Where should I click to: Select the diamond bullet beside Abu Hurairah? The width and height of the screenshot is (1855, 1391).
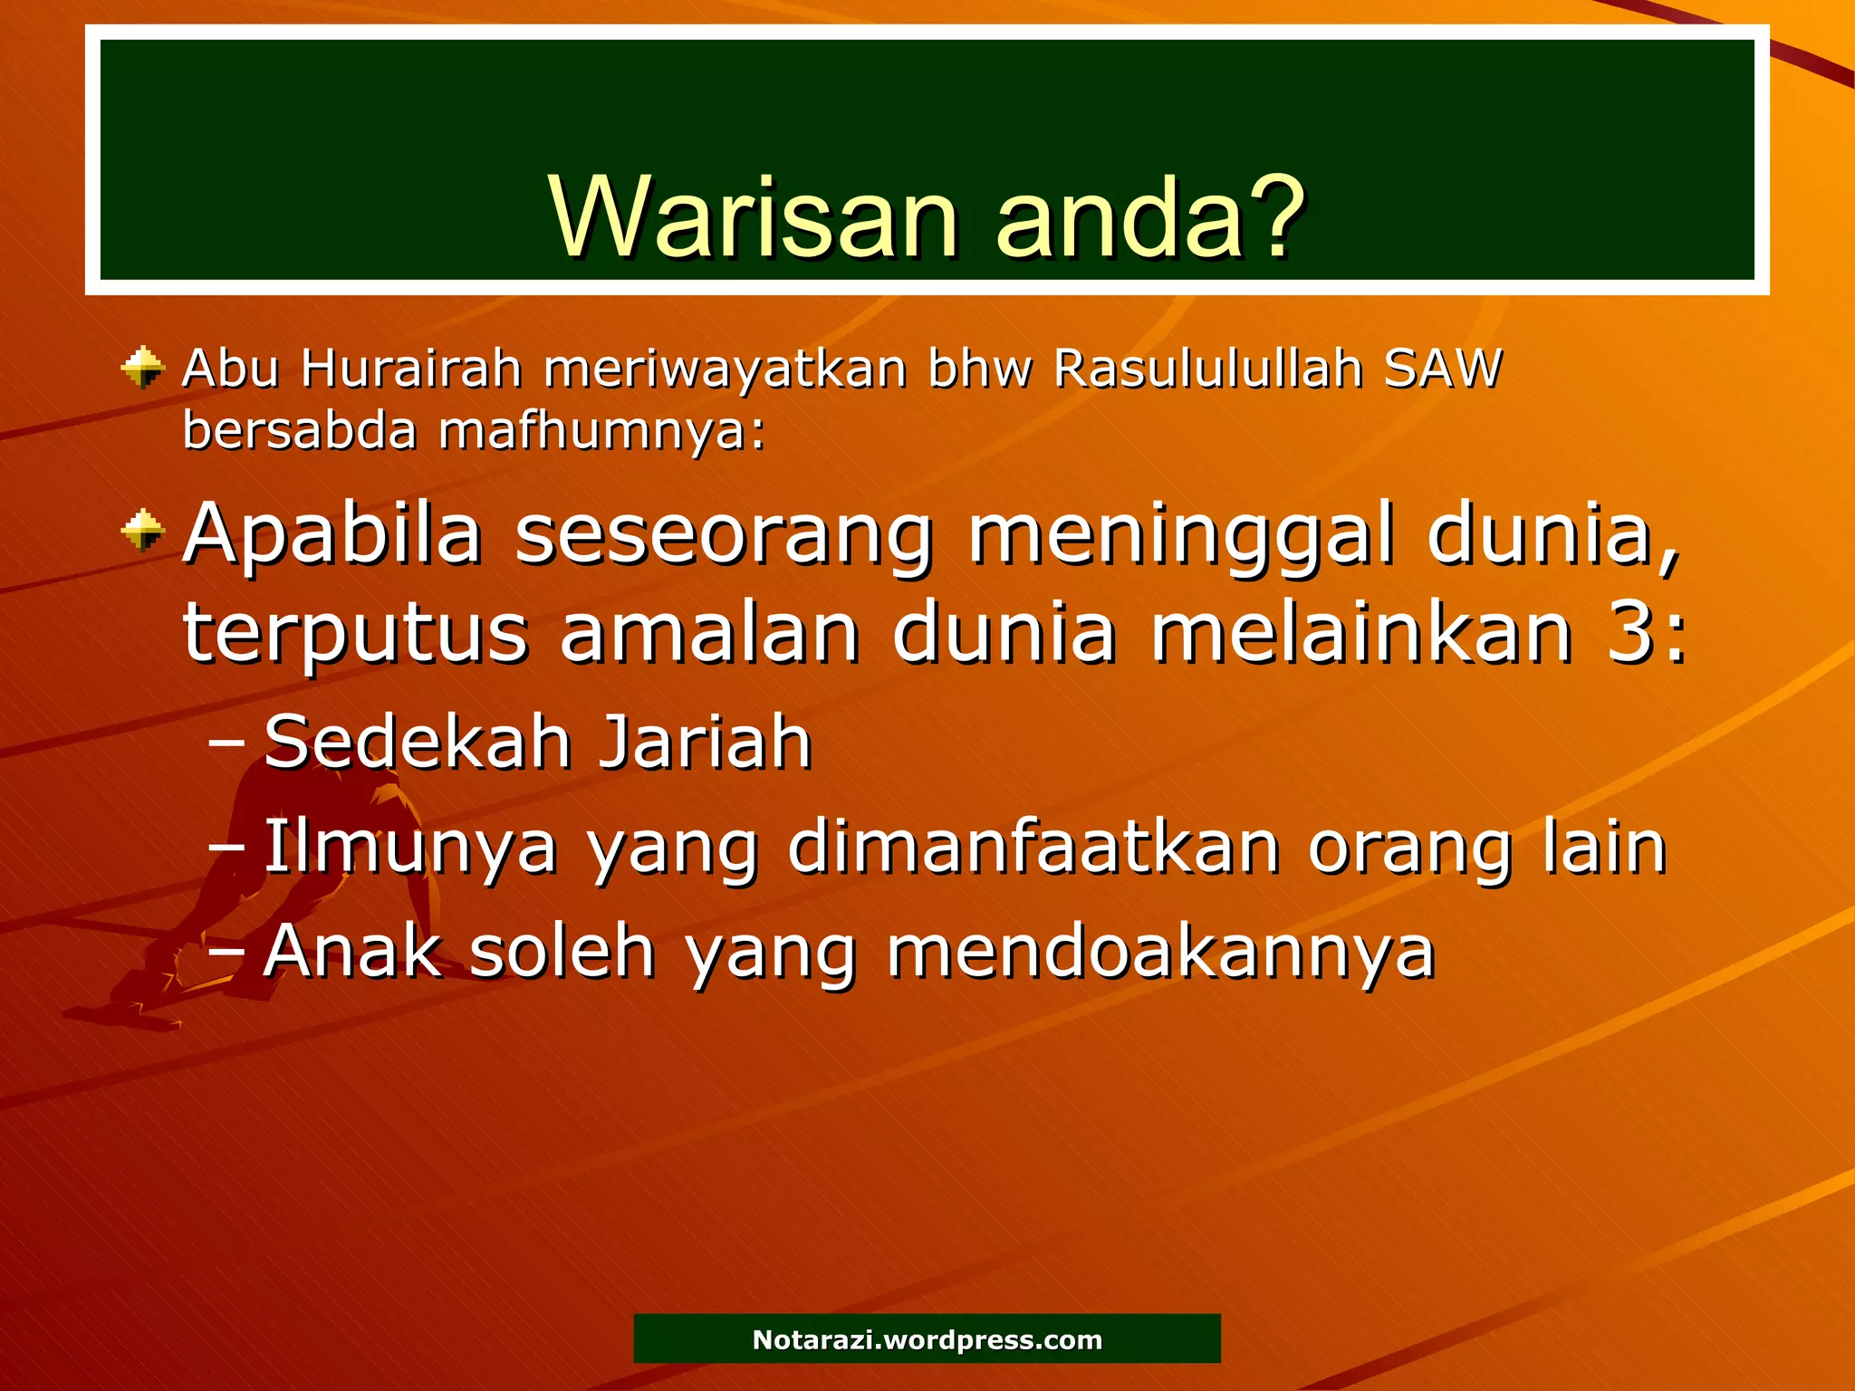coord(143,368)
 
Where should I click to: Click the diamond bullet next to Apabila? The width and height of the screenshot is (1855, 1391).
coord(143,530)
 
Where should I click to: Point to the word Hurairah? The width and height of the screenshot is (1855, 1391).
coord(411,369)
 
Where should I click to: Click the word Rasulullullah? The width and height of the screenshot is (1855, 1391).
coord(1208,369)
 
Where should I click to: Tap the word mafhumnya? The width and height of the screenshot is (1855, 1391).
coord(601,431)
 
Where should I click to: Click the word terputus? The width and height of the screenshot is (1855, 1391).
coord(355,634)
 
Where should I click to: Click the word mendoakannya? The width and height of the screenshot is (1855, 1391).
coord(1161,953)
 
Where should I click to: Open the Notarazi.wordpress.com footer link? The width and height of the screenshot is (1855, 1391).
coord(927,1339)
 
